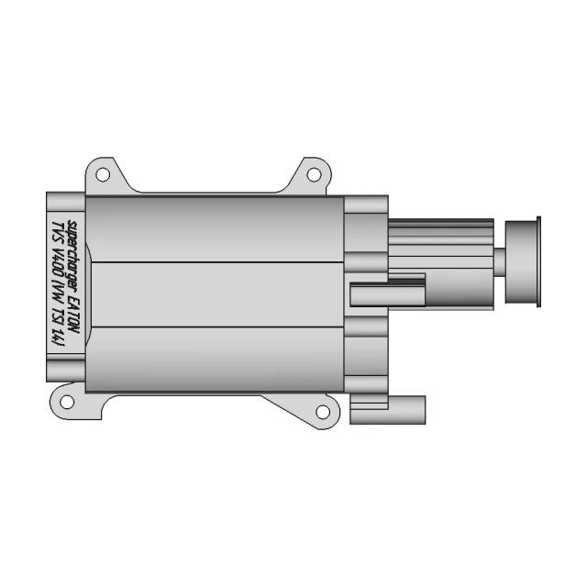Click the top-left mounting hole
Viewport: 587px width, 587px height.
[103, 173]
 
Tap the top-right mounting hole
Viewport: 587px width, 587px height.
[312, 173]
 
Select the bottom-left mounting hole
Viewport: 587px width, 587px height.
[67, 400]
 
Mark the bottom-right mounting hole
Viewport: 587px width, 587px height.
[322, 412]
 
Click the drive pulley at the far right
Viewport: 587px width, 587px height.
[524, 262]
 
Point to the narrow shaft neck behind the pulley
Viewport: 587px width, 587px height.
[500, 261]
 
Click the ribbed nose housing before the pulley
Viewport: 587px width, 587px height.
[440, 248]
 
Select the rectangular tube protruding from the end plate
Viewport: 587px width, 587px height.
[385, 294]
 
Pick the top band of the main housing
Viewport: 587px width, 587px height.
[216, 229]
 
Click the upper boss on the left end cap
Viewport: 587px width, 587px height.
[64, 199]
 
